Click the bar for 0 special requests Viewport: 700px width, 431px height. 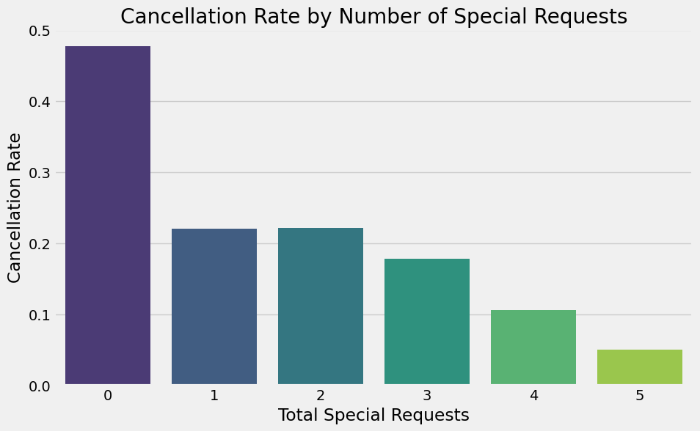[x=108, y=215]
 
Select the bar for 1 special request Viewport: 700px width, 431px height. [x=214, y=306]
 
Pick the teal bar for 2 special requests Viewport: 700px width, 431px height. [x=321, y=306]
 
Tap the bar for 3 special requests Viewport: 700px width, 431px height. [x=427, y=321]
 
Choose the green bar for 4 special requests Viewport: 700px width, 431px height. [x=533, y=347]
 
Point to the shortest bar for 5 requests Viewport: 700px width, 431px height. [x=640, y=366]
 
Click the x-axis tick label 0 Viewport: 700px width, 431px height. [x=108, y=396]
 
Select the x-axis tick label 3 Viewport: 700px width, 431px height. [x=427, y=396]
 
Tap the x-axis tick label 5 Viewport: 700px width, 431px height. [x=640, y=396]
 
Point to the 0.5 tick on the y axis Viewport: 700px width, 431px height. [x=40, y=31]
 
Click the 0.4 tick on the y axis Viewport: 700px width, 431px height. [x=40, y=102]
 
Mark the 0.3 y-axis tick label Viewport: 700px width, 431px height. [x=40, y=173]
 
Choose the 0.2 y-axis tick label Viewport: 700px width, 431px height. [x=40, y=244]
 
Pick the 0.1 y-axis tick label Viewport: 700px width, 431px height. [x=40, y=315]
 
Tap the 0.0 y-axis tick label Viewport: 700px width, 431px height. [x=40, y=386]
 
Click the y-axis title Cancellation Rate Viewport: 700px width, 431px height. [x=15, y=207]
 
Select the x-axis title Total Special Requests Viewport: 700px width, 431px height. [x=373, y=416]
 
